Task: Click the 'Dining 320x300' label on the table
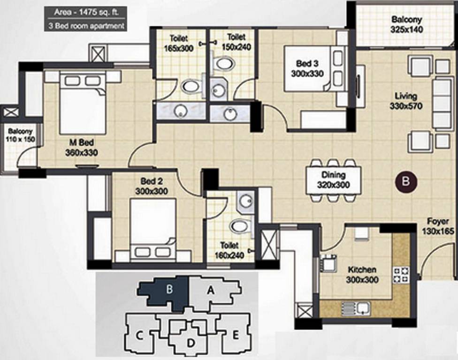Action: coord(333,180)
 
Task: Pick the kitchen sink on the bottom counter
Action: coord(356,308)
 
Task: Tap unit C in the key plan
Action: coord(139,335)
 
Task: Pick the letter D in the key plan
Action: coord(191,343)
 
